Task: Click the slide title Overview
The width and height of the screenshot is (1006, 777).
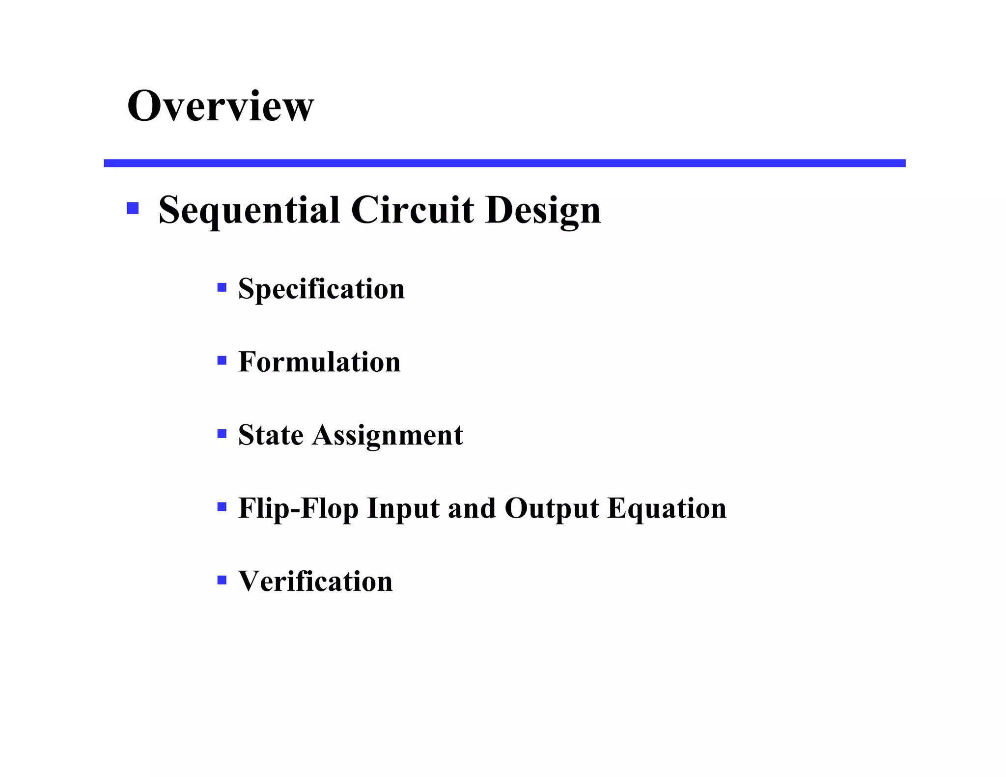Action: point(220,106)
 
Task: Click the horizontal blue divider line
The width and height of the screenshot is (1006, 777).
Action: point(504,163)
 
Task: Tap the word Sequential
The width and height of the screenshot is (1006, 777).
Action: point(249,210)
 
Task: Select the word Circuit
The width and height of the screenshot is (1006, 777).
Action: point(413,210)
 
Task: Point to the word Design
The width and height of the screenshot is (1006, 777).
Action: point(543,210)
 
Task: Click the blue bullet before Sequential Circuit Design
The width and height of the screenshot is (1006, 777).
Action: point(133,208)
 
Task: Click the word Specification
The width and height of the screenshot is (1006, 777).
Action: point(321,289)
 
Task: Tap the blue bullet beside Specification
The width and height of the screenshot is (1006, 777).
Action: point(222,287)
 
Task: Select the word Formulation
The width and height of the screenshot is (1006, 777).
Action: point(319,362)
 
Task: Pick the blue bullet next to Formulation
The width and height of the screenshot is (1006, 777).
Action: point(222,361)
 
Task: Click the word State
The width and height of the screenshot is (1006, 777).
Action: point(271,435)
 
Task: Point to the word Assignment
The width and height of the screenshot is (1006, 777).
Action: point(388,435)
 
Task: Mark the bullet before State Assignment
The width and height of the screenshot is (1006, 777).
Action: point(222,434)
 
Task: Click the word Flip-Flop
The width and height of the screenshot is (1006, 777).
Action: point(298,508)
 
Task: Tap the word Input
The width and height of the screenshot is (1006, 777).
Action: point(403,508)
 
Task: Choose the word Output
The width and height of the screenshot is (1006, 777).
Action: point(552,508)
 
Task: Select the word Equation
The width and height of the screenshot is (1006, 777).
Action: point(667,508)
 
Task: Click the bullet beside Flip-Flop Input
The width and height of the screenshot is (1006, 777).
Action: point(222,507)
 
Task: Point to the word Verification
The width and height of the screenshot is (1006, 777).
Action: point(315,582)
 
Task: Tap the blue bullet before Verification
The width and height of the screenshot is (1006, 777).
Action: point(222,580)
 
